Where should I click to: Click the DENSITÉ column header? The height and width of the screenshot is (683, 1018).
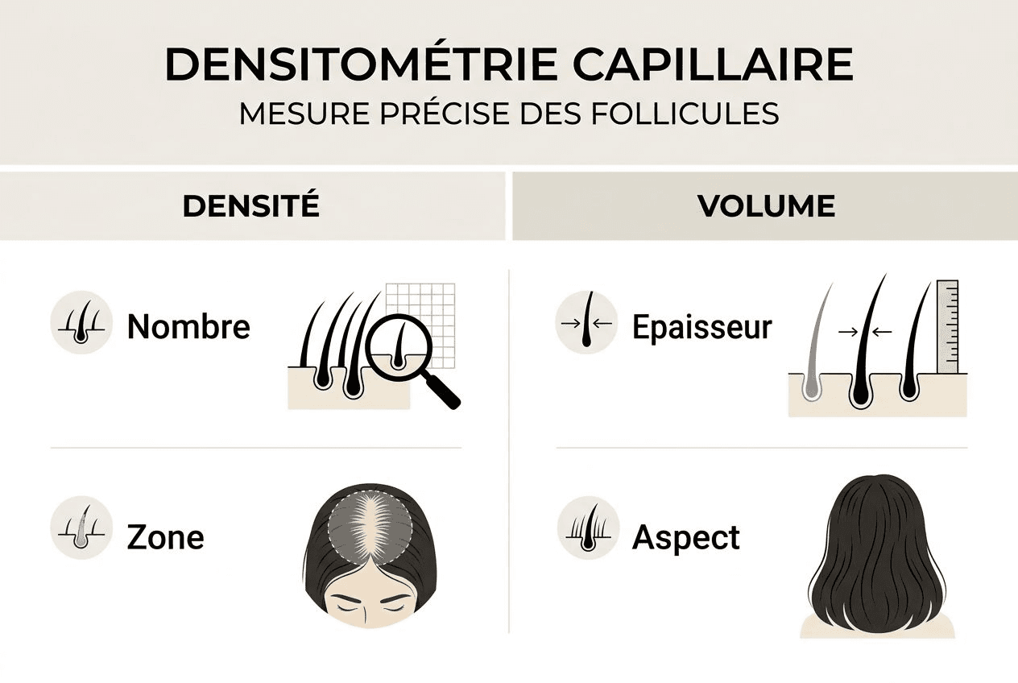(250, 206)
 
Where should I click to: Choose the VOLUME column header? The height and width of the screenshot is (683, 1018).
(765, 206)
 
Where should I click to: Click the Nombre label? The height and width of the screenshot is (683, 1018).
(188, 327)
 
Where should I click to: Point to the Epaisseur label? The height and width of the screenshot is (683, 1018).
(701, 327)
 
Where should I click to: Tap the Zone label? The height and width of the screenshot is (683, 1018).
(165, 537)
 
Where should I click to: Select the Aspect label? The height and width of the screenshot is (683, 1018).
(685, 537)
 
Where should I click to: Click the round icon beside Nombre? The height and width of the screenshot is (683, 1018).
(81, 322)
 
